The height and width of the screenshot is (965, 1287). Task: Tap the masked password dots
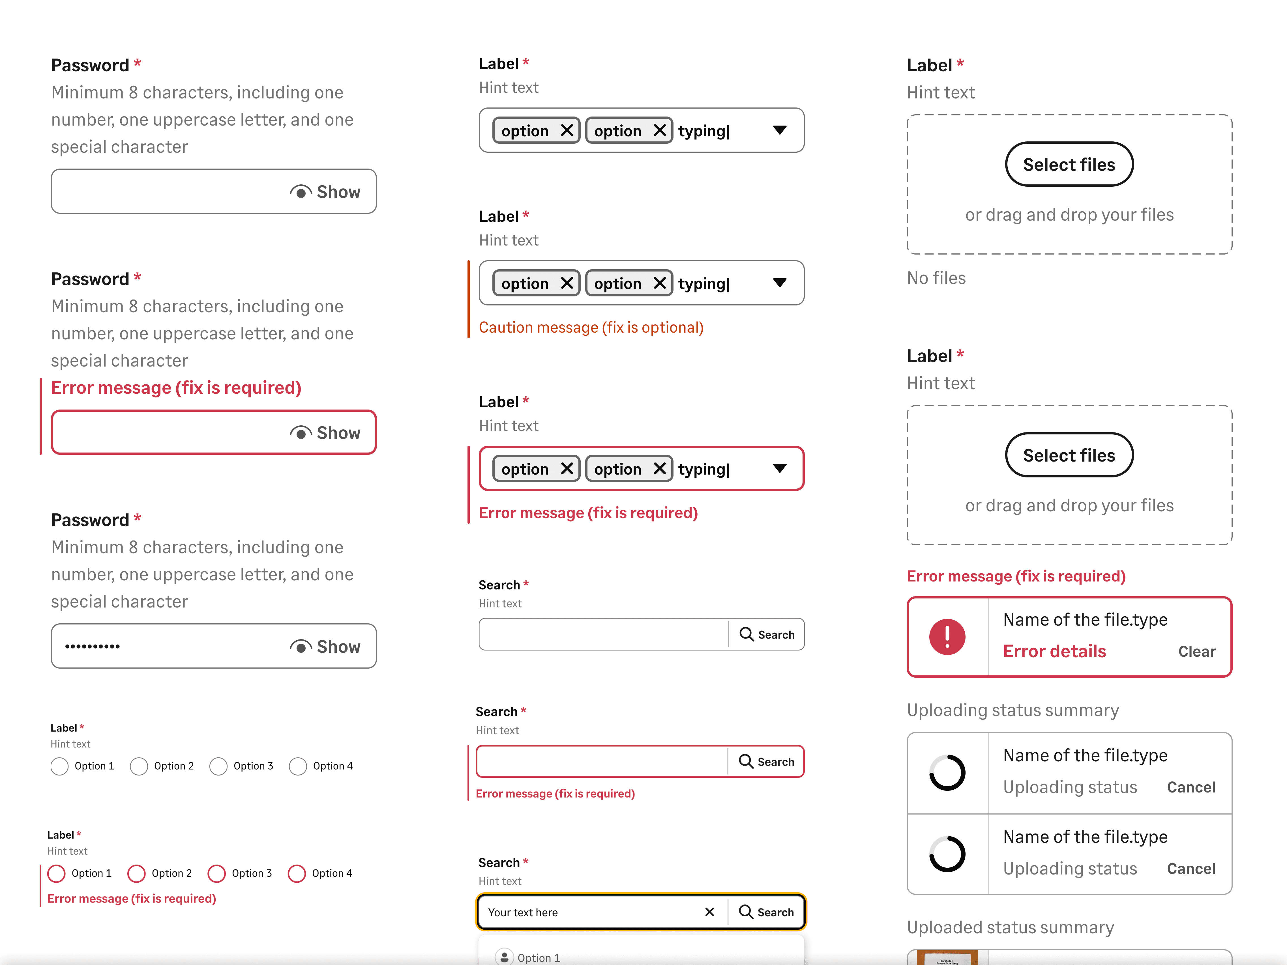click(x=93, y=646)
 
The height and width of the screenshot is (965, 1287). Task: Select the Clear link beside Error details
click(x=1196, y=651)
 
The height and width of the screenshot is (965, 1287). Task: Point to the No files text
click(x=936, y=278)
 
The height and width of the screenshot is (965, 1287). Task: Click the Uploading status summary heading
click(x=1013, y=710)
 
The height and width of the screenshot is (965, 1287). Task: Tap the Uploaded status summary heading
click(x=1010, y=927)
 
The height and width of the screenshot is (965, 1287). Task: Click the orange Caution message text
click(x=591, y=328)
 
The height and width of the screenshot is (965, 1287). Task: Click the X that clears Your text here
click(x=709, y=912)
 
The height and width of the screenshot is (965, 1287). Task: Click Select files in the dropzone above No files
click(x=1069, y=165)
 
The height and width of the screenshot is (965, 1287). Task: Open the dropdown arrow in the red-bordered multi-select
click(x=780, y=468)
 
